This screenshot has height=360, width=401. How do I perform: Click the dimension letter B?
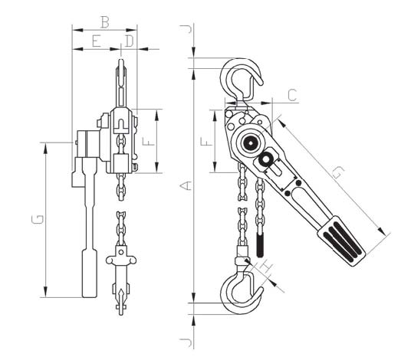[x=105, y=22]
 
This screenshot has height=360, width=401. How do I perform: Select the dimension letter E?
[x=96, y=41]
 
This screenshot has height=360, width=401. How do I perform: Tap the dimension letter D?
[x=130, y=41]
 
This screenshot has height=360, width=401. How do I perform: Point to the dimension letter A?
[x=186, y=186]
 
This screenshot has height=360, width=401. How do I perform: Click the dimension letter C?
[x=292, y=95]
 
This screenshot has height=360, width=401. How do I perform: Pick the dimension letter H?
[x=266, y=267]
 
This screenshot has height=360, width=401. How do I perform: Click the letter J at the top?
[x=186, y=29]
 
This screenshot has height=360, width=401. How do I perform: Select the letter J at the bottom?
[x=186, y=342]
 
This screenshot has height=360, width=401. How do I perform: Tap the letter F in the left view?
[x=149, y=141]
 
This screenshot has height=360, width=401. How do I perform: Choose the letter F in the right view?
[x=207, y=141]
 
